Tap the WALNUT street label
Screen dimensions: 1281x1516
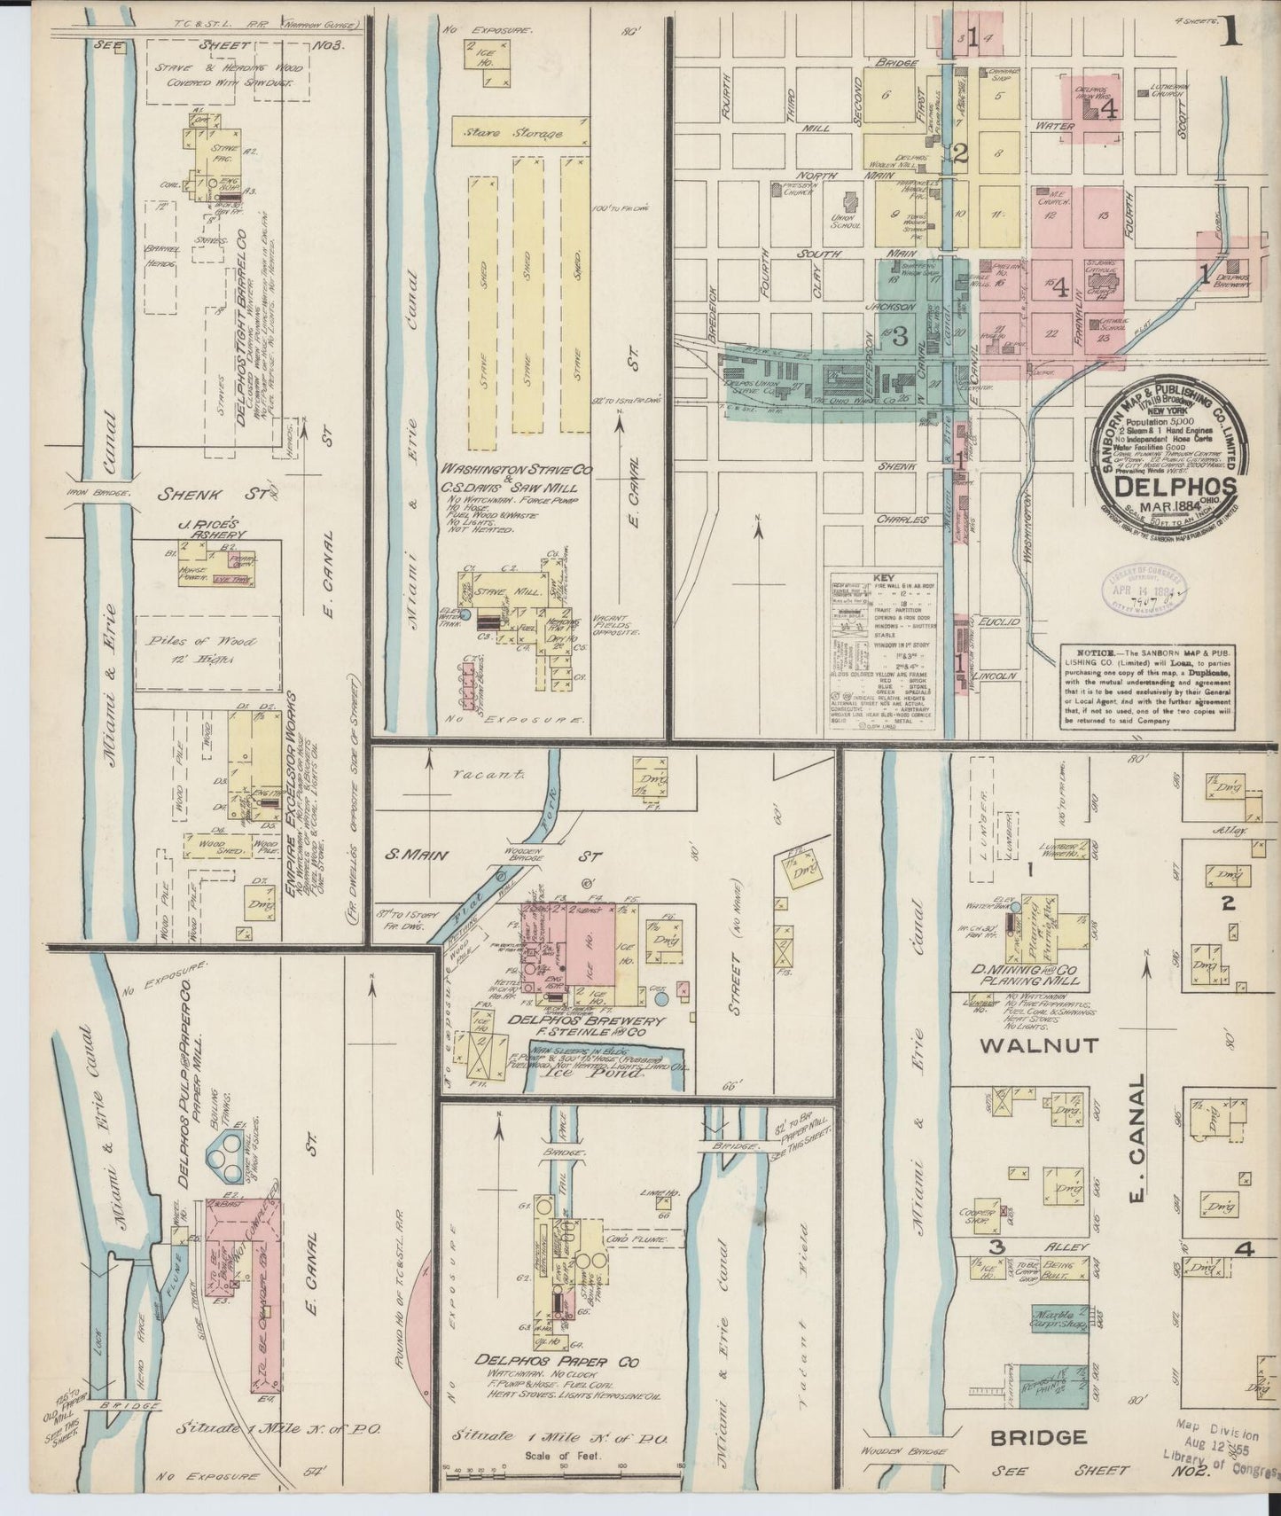tap(1027, 1045)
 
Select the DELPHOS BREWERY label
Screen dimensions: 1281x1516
tap(567, 1020)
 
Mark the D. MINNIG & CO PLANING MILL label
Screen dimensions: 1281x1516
tap(1026, 975)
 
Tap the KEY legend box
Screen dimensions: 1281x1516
tap(883, 652)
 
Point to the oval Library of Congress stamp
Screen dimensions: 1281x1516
tap(1144, 588)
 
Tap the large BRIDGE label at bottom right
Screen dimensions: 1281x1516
tap(1038, 1437)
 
